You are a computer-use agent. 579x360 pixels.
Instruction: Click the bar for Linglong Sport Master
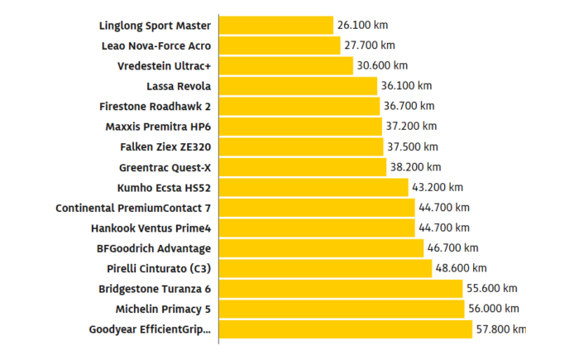tap(276, 26)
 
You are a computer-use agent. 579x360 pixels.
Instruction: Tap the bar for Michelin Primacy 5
tap(342, 309)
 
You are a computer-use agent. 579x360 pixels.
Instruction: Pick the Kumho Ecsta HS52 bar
tap(313, 187)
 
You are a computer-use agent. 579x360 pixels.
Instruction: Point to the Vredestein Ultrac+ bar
tap(286, 65)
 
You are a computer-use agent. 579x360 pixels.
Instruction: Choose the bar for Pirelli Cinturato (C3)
tap(325, 268)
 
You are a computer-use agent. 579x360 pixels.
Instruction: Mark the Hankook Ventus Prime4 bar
tap(317, 228)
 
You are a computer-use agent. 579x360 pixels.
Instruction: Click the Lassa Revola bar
tap(299, 86)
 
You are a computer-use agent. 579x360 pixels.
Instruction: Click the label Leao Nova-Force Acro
tap(156, 46)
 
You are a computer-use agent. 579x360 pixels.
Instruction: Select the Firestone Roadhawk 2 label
tap(155, 106)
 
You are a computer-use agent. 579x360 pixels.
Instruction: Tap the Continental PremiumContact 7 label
tap(133, 208)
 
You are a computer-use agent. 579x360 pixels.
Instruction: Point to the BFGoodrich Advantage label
tap(154, 248)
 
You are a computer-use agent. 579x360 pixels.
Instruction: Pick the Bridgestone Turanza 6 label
tap(155, 289)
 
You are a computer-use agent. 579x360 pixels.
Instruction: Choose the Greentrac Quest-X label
tap(165, 167)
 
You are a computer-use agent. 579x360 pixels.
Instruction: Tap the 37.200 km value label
tap(411, 127)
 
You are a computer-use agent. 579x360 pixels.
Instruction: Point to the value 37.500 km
tap(414, 146)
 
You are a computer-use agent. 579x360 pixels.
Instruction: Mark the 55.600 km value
tap(494, 289)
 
